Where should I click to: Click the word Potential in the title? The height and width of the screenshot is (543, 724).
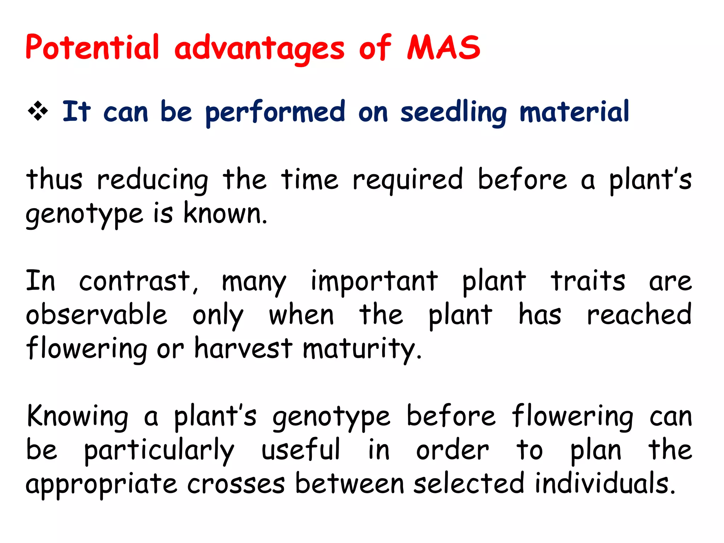point(93,48)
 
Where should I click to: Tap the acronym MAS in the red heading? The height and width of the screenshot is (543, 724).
point(444,48)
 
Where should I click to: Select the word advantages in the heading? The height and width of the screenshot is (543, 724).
point(259,49)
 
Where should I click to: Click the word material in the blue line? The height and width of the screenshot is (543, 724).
point(574,112)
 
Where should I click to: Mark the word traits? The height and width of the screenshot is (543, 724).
point(588,281)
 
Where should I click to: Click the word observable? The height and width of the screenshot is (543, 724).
point(97,314)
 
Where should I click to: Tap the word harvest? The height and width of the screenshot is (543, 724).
point(244,349)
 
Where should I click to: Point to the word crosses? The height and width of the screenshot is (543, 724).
point(236,484)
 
